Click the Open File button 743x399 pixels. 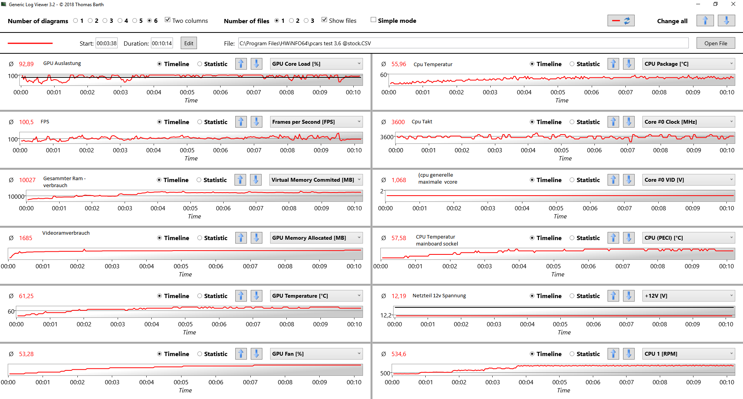716,43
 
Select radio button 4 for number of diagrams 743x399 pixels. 120,21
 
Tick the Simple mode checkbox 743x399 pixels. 373,20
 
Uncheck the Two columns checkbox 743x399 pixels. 168,20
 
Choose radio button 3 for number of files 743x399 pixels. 306,21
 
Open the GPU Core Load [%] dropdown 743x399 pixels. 316,64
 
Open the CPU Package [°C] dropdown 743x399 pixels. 688,64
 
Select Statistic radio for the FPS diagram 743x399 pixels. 200,122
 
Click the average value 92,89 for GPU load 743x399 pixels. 26,64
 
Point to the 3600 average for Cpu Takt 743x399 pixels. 398,122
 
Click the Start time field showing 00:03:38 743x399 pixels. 106,43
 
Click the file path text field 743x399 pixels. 463,43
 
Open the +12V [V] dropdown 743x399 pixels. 688,296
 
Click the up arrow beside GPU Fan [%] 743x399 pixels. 241,354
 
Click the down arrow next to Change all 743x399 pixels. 726,21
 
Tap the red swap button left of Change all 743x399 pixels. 621,21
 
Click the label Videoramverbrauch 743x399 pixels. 66,233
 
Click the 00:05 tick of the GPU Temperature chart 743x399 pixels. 185,324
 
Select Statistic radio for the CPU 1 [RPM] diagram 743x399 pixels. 572,354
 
